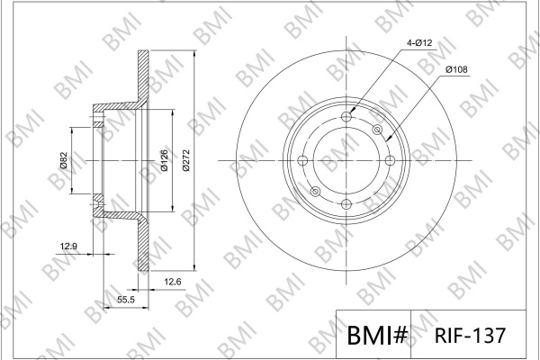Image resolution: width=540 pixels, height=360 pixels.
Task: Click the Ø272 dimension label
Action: click(186, 160)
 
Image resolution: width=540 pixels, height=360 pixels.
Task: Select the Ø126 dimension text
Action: click(165, 160)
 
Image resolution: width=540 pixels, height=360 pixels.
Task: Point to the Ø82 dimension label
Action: click(63, 160)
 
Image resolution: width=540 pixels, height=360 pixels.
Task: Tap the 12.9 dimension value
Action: click(68, 247)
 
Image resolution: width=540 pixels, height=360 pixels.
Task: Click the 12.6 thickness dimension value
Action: click(172, 282)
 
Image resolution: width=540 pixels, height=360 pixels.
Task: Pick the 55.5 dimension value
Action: click(126, 300)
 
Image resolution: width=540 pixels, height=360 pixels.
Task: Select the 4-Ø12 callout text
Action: click(419, 43)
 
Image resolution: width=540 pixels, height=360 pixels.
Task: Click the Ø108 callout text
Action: click(456, 69)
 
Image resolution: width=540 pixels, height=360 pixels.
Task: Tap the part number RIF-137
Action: click(470, 335)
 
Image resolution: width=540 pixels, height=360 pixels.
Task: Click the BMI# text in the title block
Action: click(377, 335)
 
